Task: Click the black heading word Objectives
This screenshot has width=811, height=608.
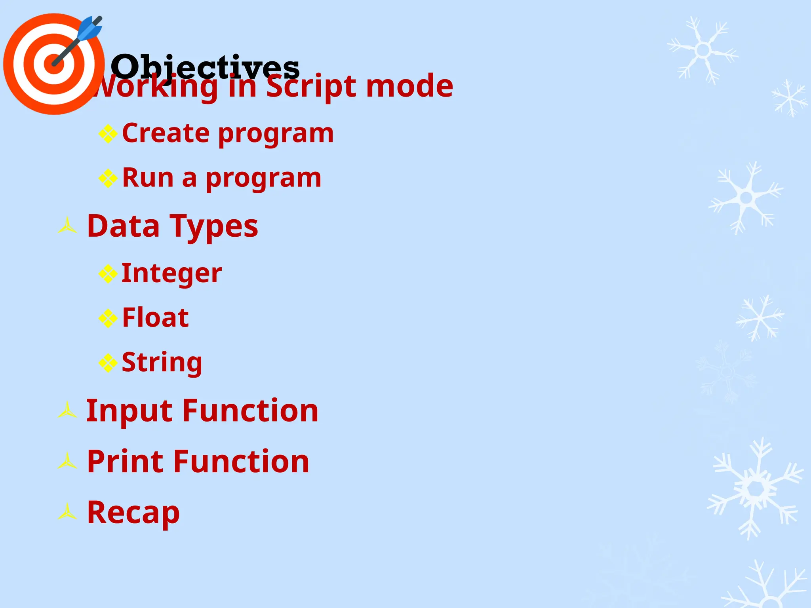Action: (205, 66)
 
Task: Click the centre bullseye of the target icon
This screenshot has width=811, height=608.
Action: (54, 64)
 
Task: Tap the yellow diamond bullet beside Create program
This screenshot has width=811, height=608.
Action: (108, 134)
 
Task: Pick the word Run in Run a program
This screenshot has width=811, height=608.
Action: (148, 178)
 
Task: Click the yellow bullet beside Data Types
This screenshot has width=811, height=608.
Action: (67, 226)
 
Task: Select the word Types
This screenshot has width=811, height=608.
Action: (214, 227)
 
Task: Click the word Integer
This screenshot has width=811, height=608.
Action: (171, 274)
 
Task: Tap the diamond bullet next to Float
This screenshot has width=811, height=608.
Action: (108, 318)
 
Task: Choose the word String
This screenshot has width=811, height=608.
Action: (162, 363)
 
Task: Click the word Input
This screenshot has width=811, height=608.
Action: (129, 411)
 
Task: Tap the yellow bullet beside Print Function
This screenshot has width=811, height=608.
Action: (67, 462)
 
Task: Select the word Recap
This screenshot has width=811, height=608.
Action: (133, 513)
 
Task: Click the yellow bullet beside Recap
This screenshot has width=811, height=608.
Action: (67, 512)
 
